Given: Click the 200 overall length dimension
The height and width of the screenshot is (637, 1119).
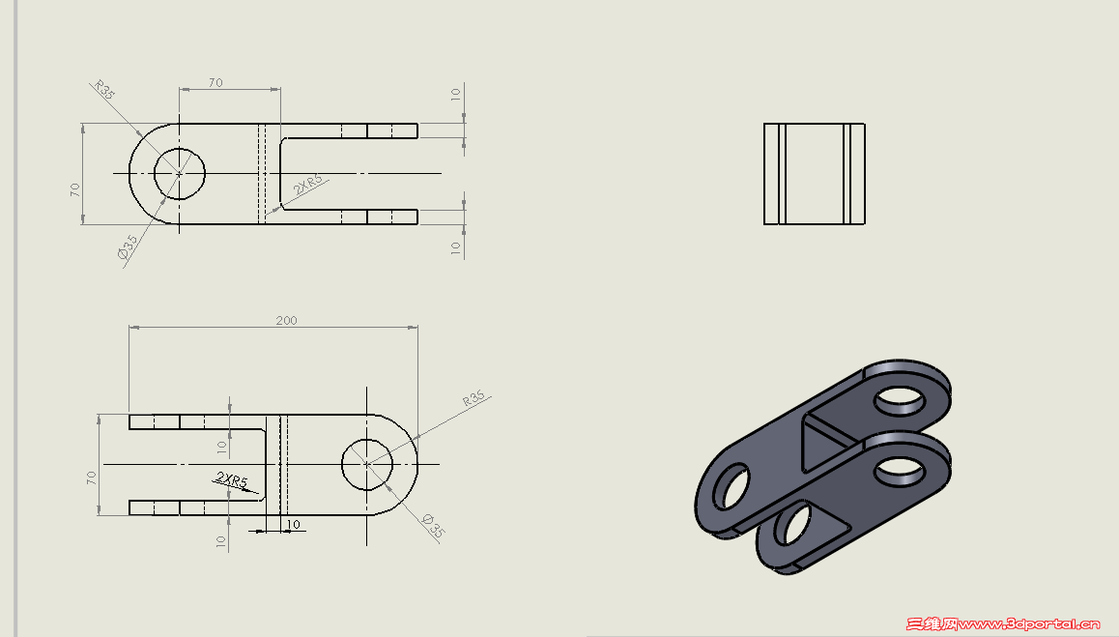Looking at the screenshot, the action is pos(286,321).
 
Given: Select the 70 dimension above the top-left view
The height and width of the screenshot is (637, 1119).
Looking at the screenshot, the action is pos(215,83).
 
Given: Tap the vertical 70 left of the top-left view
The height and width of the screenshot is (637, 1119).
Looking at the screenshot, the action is pos(75,190).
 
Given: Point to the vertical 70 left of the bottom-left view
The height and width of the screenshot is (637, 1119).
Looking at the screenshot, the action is pos(92,478).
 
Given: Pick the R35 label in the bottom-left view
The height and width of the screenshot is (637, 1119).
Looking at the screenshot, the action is pos(473,398).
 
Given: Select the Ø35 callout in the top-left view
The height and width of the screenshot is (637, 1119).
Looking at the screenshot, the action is pos(128,246).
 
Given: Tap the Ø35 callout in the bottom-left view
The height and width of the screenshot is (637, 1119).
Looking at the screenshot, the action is pos(433,526).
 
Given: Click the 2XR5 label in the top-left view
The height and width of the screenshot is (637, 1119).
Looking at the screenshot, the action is pos(307,185).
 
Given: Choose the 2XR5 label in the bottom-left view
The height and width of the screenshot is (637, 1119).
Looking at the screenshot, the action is pos(231,479).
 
